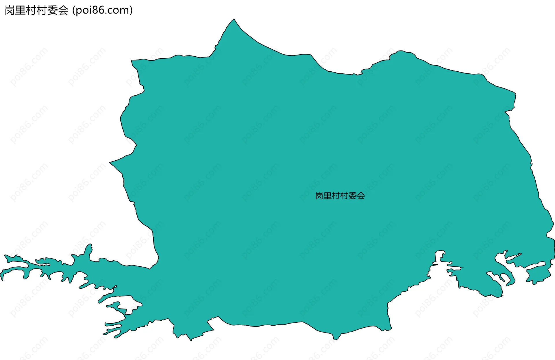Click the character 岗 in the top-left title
[x=10, y=10]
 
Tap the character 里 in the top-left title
[x=20, y=10]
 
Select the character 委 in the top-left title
[x=52, y=10]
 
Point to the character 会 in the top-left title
[x=63, y=10]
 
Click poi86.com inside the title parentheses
[x=102, y=10]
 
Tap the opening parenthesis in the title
[x=74, y=10]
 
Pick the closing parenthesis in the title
[x=131, y=10]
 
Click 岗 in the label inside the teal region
[x=319, y=196]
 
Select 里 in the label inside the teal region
[x=327, y=196]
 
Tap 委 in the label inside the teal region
[x=353, y=196]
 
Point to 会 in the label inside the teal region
[x=361, y=196]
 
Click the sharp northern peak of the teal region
[x=234, y=20]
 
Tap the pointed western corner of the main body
[x=110, y=162]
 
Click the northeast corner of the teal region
[x=515, y=93]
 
